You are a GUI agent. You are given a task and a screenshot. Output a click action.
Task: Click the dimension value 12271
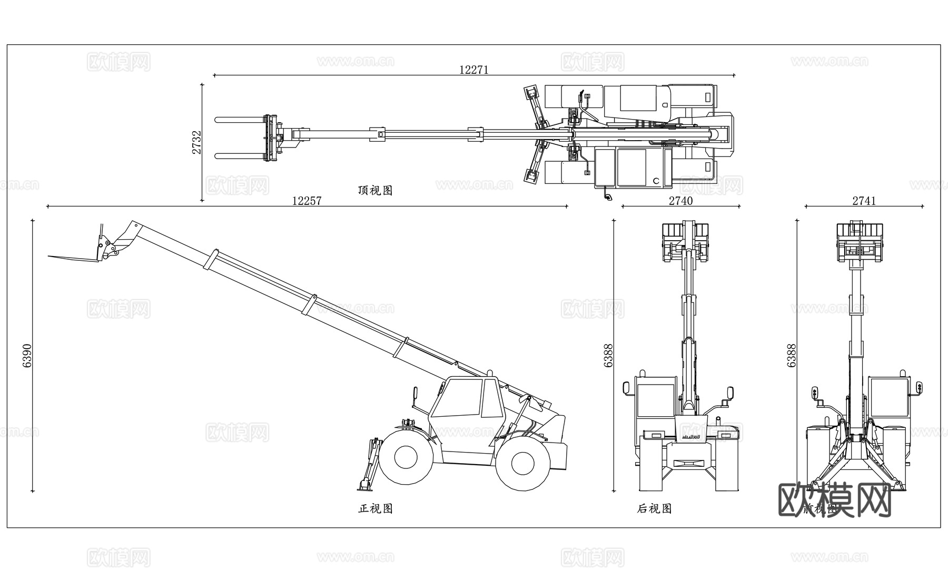click(474, 70)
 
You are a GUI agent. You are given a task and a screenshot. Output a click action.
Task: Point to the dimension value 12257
click(307, 201)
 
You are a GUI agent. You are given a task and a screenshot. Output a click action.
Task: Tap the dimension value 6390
click(27, 356)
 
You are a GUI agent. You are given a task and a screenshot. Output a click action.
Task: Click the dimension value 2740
click(680, 201)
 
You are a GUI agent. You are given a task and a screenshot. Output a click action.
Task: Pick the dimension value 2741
click(864, 201)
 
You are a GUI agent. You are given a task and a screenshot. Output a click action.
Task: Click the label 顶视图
click(375, 190)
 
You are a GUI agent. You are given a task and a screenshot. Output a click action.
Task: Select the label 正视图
click(375, 508)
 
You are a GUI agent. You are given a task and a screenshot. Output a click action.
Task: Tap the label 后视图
click(654, 508)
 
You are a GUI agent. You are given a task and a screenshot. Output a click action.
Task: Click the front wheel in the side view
click(406, 457)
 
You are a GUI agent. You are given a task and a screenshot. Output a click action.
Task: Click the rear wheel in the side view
click(522, 463)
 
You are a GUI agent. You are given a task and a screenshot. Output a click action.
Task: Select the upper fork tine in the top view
click(240, 121)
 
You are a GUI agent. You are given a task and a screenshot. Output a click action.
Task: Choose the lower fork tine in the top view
click(240, 155)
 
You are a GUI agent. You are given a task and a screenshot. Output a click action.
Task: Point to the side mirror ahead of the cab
click(414, 394)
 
